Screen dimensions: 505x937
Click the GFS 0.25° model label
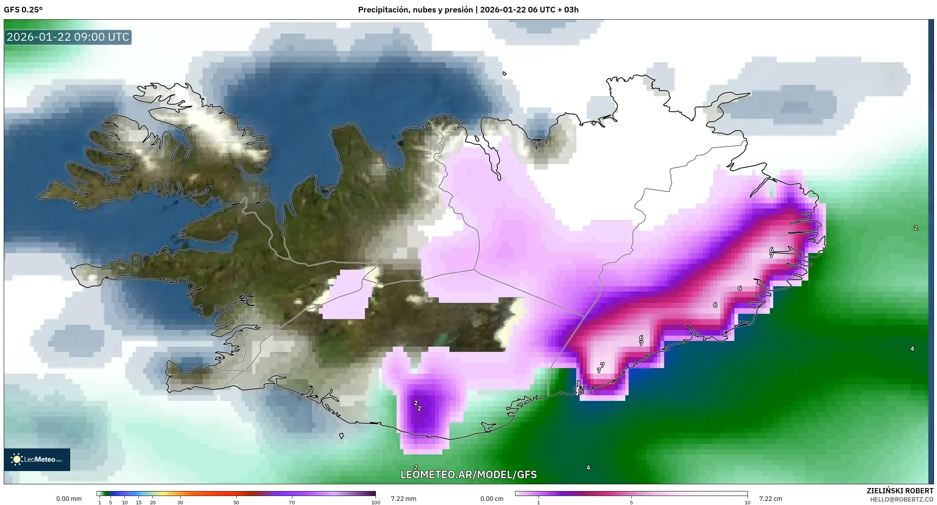pos(23,10)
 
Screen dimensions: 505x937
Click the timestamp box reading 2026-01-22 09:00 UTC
pos(68,37)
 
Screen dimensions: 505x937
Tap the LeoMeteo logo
pos(37,459)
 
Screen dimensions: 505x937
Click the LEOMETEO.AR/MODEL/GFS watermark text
pos(468,474)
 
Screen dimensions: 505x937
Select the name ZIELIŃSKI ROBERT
pos(900,491)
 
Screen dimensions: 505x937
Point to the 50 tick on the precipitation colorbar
pos(236,502)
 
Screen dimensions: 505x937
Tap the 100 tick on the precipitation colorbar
pos(375,502)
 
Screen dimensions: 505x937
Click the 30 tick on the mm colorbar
pos(180,502)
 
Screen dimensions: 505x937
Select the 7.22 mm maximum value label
pos(403,499)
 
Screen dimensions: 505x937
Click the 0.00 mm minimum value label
pos(69,499)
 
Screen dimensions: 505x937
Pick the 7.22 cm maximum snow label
pos(770,499)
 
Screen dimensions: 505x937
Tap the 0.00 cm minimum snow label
pos(492,499)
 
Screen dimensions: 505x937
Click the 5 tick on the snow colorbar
pos(631,502)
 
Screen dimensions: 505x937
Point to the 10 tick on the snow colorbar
pos(747,502)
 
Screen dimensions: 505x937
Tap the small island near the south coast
pos(342,436)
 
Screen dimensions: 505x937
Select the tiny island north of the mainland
pos(505,74)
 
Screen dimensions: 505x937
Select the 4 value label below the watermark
pos(588,468)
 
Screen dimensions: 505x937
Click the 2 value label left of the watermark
pos(416,468)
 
